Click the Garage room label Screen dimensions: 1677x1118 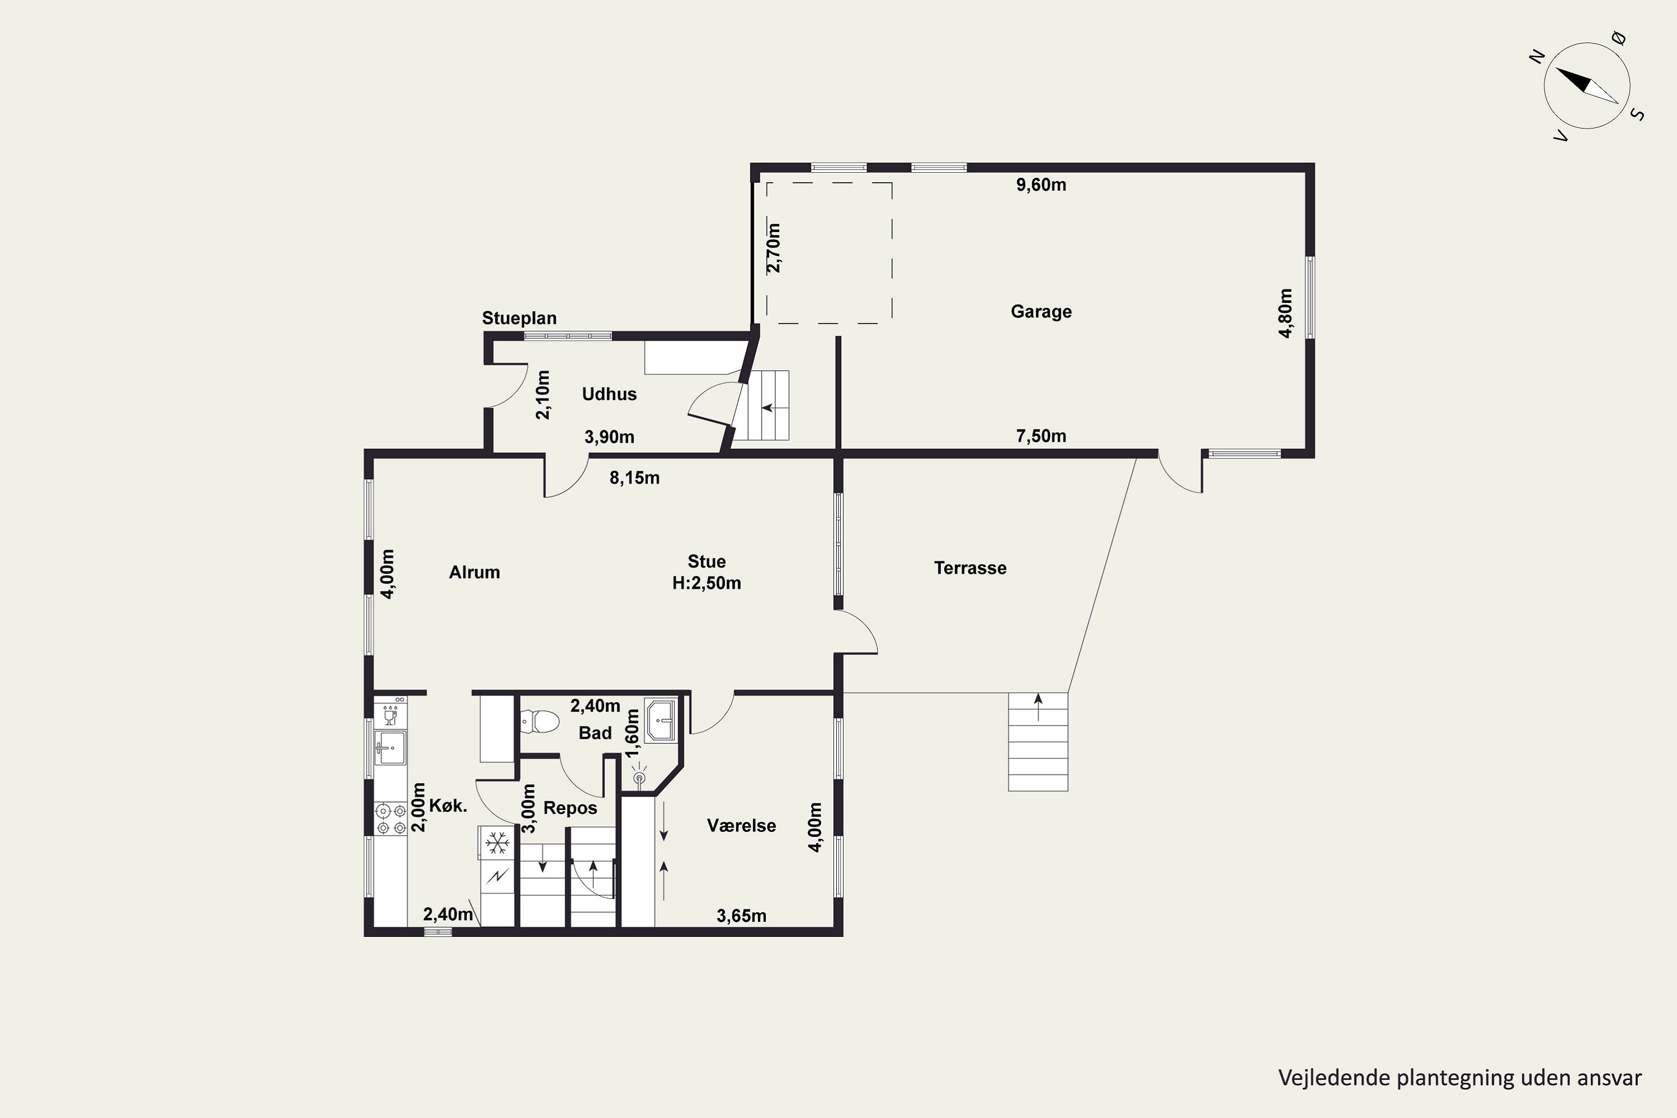tap(1041, 311)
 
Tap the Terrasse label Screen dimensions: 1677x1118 tap(970, 569)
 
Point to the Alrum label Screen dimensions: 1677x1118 tap(474, 572)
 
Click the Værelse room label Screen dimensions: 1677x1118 tap(742, 825)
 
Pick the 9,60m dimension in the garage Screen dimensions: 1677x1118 tap(1041, 184)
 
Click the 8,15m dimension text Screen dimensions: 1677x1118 tap(634, 478)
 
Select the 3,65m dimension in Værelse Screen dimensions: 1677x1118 tap(742, 916)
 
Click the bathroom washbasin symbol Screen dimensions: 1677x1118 tap(660, 720)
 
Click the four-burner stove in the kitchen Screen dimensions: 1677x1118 tap(391, 818)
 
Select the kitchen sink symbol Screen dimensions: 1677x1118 tap(391, 747)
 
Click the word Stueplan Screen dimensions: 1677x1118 tap(519, 318)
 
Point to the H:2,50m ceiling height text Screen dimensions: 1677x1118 tap(707, 583)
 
